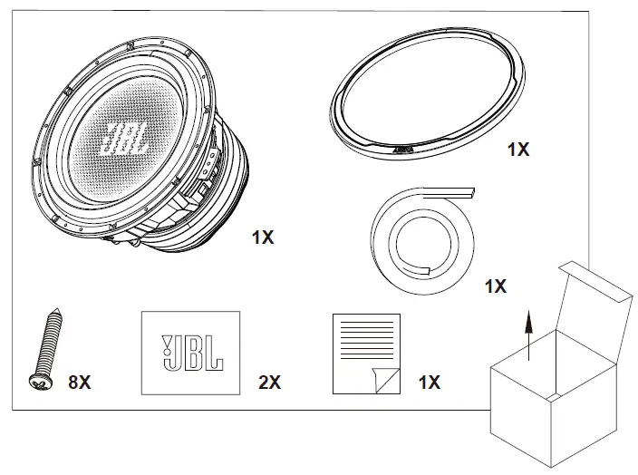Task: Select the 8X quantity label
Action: pos(80,383)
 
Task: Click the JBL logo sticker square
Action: pos(189,352)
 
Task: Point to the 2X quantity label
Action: pos(269,383)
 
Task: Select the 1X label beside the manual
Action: pos(429,383)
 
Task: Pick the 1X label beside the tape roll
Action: pos(495,286)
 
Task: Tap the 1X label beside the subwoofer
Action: pos(263,237)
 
